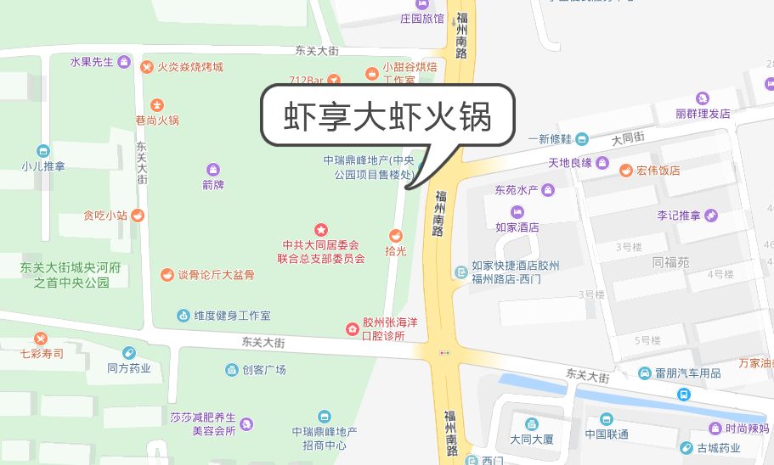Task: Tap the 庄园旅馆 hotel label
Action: [x=422, y=18]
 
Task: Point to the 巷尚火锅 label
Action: [x=157, y=120]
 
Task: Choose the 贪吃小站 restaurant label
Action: [x=105, y=216]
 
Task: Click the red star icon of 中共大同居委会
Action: [x=321, y=229]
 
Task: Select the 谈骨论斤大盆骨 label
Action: [x=215, y=275]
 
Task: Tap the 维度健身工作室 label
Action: [x=232, y=316]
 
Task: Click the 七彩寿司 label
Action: [x=42, y=353]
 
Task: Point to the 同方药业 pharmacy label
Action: [x=129, y=368]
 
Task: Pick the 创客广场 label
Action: [x=264, y=370]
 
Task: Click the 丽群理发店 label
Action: [x=703, y=114]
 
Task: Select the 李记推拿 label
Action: [x=678, y=216]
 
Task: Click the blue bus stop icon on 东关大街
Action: [x=683, y=394]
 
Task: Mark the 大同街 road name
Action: [x=628, y=137]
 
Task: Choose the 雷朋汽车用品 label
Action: [x=687, y=373]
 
